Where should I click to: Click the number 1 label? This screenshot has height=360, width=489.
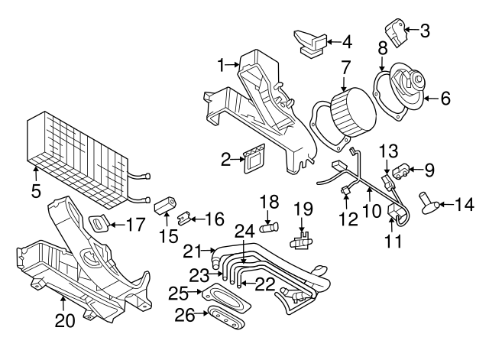[x=222, y=66]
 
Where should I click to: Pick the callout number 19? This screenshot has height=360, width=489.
[x=304, y=208]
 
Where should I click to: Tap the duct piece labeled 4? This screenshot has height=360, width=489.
[x=309, y=41]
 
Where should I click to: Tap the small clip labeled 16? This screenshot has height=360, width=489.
[x=183, y=219]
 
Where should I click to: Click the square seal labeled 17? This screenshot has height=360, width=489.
[x=97, y=225]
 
